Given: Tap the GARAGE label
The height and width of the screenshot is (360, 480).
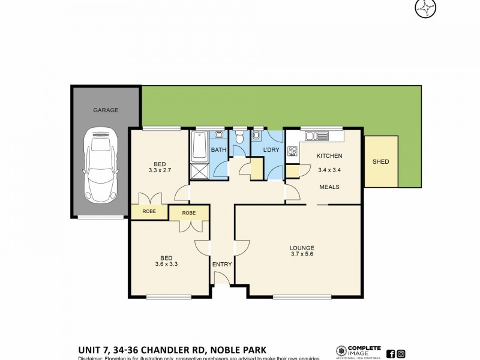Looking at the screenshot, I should click(x=106, y=110).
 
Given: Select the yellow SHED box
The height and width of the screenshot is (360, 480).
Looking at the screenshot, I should click(x=380, y=161).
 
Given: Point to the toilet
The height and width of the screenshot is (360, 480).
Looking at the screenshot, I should click(x=239, y=137).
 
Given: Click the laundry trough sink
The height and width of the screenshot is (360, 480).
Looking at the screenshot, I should click(x=257, y=136).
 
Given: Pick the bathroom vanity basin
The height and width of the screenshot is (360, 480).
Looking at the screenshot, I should click(x=220, y=135).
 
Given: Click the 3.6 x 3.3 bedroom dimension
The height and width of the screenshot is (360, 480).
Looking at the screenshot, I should click(x=160, y=263).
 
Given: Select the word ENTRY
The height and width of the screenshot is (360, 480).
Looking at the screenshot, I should click(x=221, y=264).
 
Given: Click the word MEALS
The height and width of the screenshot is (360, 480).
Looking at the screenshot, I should click(x=329, y=187).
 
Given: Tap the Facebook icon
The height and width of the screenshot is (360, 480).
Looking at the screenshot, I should click(x=391, y=353).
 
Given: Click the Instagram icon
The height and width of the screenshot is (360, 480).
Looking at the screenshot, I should click(x=401, y=353).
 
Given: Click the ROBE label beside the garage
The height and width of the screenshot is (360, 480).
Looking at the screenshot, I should click(x=149, y=211).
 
